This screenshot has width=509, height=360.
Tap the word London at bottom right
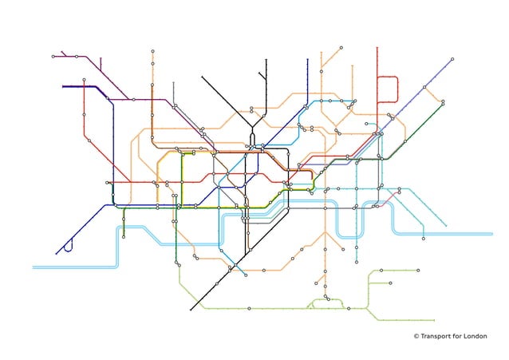pyautogui.click(x=473, y=336)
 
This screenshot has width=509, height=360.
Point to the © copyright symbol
pyautogui.click(x=416, y=336)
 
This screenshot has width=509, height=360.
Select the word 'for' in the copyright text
pyautogui.click(x=454, y=336)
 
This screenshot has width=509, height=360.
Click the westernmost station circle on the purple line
pyautogui.click(x=53, y=57)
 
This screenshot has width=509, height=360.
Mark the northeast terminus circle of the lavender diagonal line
pyautogui.click(x=452, y=59)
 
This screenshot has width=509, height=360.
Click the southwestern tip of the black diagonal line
pyautogui.click(x=191, y=310)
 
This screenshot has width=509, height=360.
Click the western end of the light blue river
pyautogui.click(x=34, y=267)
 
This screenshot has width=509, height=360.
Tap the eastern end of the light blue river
pyautogui.click(x=491, y=234)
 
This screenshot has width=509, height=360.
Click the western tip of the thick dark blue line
pyautogui.click(x=63, y=86)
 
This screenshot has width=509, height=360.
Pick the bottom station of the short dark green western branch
pyautogui.click(x=124, y=236)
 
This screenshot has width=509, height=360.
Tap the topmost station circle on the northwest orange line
pyautogui.click(x=152, y=51)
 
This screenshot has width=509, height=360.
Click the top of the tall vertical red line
pyautogui.click(x=377, y=48)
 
